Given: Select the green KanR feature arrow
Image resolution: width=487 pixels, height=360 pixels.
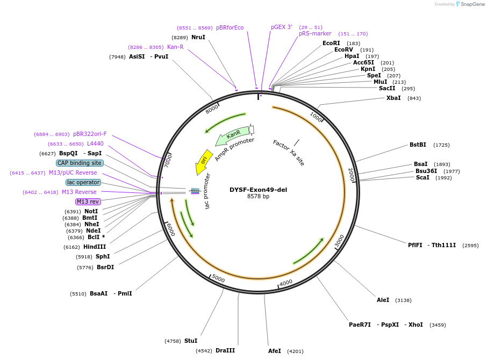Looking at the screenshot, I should (x=232, y=135).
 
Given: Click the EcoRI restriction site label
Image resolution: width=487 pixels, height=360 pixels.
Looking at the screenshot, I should (x=331, y=43).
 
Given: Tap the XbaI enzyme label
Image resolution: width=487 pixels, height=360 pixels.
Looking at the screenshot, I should (x=393, y=98).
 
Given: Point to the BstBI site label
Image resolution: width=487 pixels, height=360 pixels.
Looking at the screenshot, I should (x=418, y=145).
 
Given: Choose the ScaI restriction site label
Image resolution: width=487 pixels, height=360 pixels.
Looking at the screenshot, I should (x=422, y=177).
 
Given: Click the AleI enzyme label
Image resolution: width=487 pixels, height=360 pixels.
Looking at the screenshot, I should (x=383, y=300).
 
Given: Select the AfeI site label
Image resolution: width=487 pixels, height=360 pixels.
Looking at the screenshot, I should (x=275, y=351).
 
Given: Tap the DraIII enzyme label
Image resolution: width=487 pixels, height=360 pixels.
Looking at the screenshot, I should (x=225, y=350).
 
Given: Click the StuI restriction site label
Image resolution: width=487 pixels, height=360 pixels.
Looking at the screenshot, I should (x=191, y=341).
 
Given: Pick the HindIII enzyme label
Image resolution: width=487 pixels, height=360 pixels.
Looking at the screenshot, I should (x=95, y=247).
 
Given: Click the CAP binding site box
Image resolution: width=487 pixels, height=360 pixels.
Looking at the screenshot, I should (x=80, y=163).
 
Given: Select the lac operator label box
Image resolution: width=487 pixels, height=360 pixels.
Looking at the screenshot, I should (x=83, y=182).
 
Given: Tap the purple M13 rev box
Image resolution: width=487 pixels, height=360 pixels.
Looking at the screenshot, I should (x=88, y=201).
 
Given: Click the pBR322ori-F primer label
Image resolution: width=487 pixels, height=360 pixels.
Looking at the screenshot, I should (x=90, y=134).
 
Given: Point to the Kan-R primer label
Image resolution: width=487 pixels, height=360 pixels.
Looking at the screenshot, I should (x=175, y=47).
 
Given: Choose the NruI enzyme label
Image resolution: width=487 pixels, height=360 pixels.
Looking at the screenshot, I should (x=198, y=37).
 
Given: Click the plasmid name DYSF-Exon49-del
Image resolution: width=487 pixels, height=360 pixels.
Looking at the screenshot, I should (x=258, y=189).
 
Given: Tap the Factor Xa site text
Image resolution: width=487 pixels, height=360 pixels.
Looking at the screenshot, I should (x=289, y=153).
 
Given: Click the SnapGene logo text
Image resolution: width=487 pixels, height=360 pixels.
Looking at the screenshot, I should (x=472, y=4).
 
